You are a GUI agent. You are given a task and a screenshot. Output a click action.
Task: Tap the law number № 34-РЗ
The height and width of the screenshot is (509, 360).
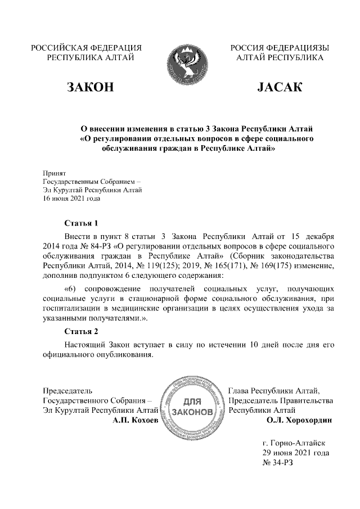[x=278, y=462]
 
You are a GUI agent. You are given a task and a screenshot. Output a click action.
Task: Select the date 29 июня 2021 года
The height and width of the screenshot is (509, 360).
[x=296, y=452]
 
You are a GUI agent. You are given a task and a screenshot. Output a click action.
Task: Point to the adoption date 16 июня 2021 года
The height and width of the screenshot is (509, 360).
[x=72, y=198]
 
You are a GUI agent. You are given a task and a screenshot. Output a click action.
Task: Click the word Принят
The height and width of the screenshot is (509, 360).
[x=55, y=173]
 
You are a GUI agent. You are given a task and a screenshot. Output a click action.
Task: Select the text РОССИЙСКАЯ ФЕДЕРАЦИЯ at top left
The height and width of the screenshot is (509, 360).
[x=86, y=48]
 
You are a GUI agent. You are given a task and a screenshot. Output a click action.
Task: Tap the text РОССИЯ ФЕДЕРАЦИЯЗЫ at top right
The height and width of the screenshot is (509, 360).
[x=280, y=48]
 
